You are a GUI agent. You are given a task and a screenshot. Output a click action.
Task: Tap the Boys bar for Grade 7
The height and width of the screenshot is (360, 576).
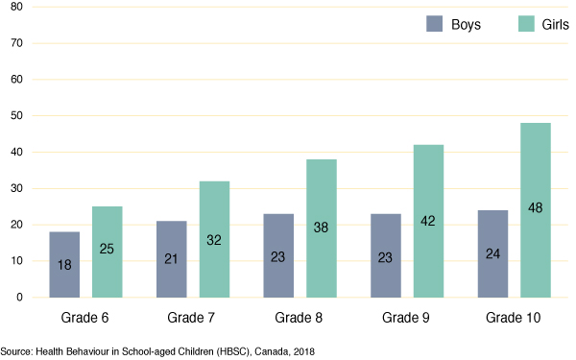pyautogui.click(x=171, y=259)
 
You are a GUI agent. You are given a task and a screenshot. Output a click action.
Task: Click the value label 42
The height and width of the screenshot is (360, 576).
pyautogui.click(x=427, y=222)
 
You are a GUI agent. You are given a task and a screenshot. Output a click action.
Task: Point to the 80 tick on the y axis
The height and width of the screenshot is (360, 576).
pyautogui.click(x=16, y=7)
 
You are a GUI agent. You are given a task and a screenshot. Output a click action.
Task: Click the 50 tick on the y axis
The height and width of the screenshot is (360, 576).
pyautogui.click(x=16, y=116)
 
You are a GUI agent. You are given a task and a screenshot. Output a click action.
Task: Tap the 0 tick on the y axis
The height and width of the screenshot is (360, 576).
pyautogui.click(x=19, y=298)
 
